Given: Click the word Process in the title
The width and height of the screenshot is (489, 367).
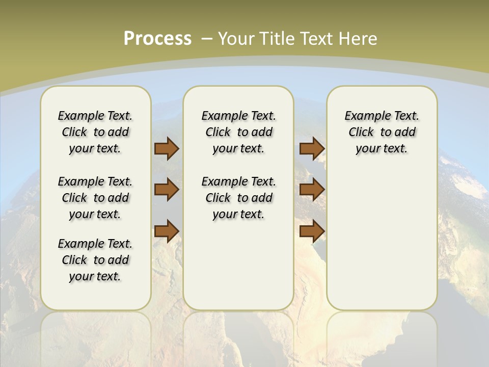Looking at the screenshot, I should coord(157,38).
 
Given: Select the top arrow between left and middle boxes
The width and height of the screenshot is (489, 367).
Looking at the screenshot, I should coord(167,148).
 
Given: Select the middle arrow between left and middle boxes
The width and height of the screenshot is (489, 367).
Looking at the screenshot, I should coord(167,190).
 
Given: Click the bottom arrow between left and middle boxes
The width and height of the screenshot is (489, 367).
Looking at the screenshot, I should coord(167,231).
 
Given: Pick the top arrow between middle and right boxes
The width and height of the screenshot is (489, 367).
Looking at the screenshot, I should coord(312,148).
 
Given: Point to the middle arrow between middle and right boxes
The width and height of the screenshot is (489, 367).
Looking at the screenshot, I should coord(312,190).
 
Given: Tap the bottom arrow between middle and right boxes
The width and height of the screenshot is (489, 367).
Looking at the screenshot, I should coord(312,231).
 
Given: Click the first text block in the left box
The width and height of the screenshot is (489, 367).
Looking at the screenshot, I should coord(95,132).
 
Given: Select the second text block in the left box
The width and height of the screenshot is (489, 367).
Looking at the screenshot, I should coord(95,198).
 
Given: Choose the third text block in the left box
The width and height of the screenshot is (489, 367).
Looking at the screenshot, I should coord(95,260).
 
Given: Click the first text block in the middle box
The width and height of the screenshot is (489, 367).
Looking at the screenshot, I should coord(238,132).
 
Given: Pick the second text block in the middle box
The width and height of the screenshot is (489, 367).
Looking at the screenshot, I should coord(238,198).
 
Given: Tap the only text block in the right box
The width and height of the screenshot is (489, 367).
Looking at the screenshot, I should coord(382,132).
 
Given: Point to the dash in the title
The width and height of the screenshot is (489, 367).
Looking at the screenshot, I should coord(207,38).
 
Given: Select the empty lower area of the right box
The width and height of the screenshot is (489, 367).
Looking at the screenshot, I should coord(382,240).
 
